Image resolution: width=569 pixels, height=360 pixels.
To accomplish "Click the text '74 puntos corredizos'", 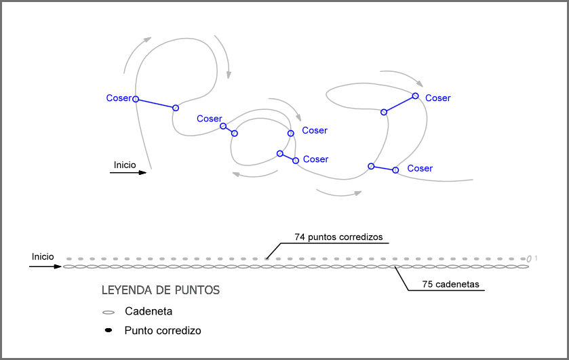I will coord(338,237).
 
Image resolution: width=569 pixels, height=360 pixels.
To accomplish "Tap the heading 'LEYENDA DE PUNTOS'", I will coord(161,290).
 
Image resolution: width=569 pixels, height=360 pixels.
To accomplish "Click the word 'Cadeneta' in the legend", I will coord(149,312).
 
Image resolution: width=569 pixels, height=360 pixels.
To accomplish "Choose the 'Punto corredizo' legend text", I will coord(163,331).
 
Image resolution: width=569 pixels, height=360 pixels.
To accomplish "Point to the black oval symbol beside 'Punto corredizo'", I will coord(108,331).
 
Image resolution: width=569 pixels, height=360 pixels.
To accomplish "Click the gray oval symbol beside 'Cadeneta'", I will coord(108,313).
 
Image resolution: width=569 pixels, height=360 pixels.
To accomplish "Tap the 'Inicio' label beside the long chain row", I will coord(43,257).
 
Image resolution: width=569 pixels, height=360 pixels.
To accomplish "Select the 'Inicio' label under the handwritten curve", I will coord(125,165).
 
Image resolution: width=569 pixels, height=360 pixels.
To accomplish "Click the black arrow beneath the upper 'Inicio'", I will coord(128,173).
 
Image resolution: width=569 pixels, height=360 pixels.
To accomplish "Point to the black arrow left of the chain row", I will coord(45,267).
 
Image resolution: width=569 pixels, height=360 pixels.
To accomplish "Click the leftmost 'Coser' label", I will coord(119,98).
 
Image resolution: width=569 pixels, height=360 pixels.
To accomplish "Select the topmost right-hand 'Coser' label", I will coord(437,98).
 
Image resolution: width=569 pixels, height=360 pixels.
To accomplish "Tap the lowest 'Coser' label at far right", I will coord(420,168).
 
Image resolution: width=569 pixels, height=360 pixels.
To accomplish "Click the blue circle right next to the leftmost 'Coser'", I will coord(136,99).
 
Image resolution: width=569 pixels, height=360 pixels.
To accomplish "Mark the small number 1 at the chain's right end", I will coord(536,258).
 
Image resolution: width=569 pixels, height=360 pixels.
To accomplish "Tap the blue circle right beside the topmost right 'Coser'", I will coord(416,96).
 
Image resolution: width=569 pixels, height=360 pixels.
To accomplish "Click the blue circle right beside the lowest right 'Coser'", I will coord(396,171).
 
